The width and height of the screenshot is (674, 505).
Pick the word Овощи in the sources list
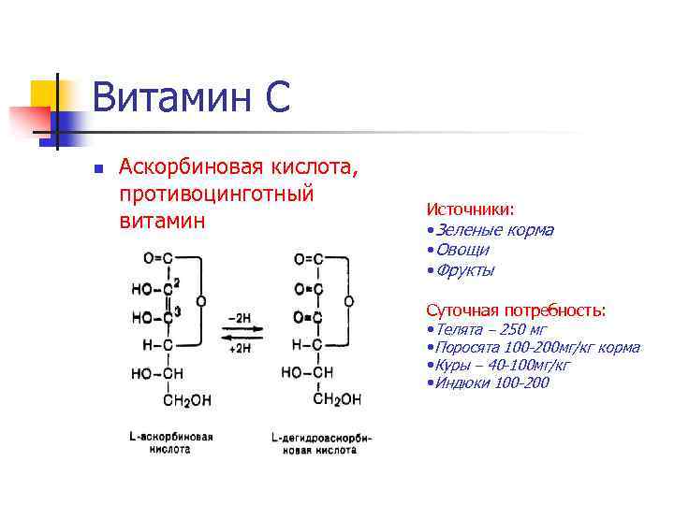click(461, 250)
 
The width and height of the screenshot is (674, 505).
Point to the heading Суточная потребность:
click(516, 310)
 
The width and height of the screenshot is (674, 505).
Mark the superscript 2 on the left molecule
click(176, 282)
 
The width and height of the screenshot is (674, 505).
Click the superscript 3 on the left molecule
click(176, 312)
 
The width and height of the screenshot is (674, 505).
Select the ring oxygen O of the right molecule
click(348, 302)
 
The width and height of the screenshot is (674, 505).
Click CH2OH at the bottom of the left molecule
click(187, 400)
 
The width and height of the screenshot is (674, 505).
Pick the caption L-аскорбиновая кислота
click(171, 442)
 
